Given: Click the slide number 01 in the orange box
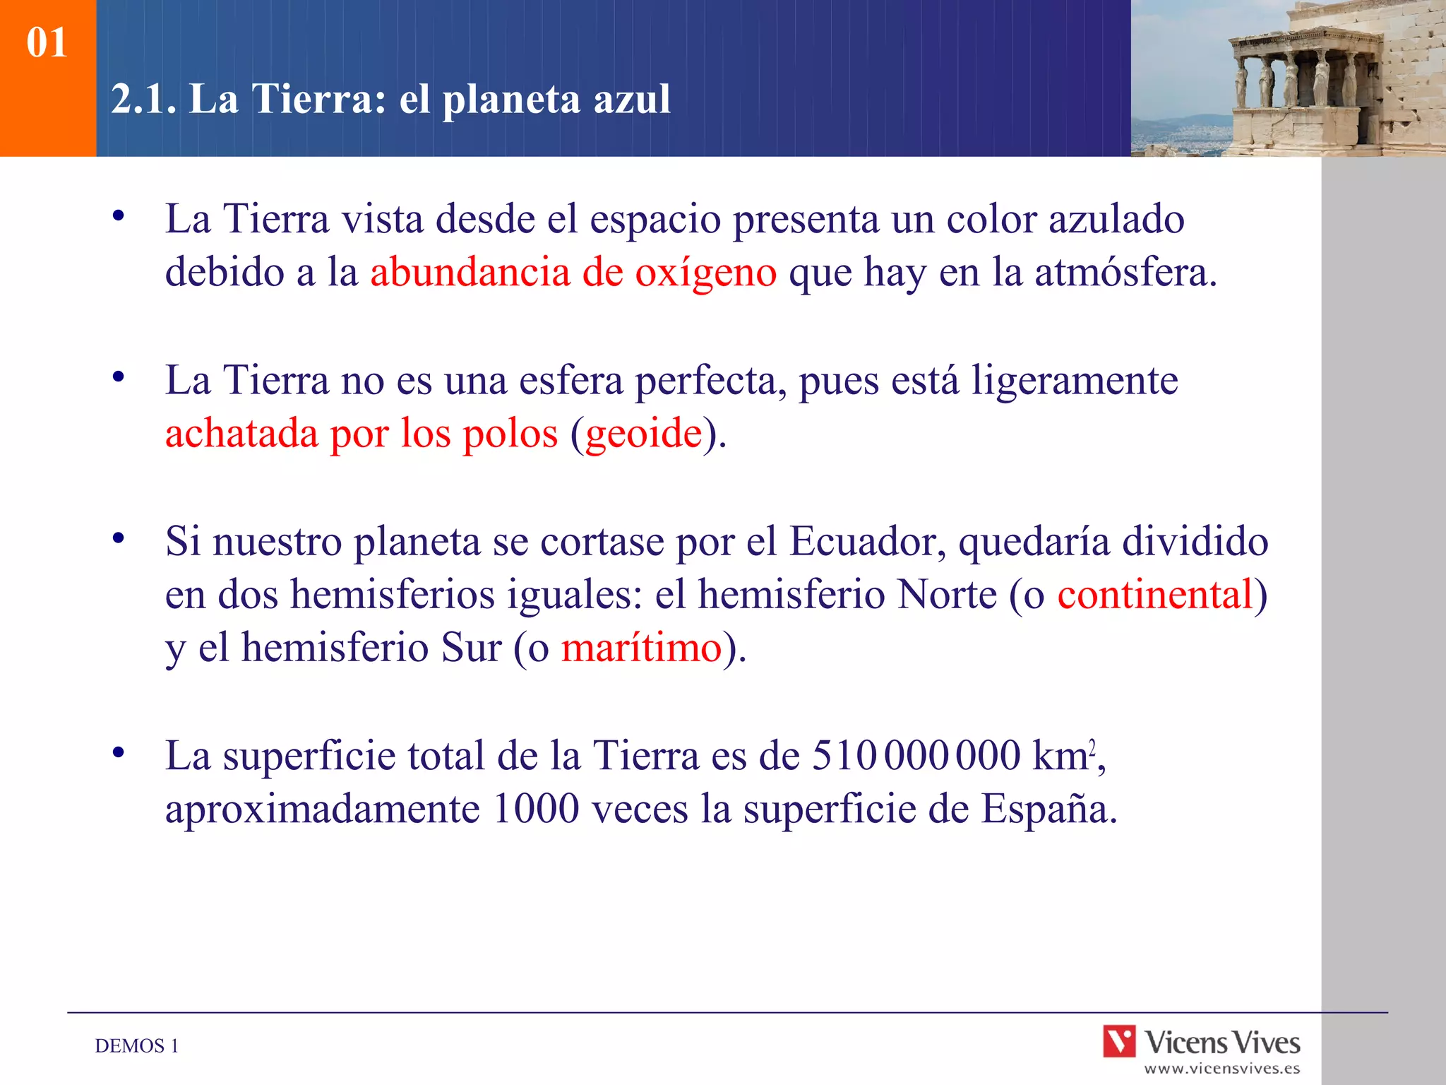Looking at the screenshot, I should [x=47, y=42].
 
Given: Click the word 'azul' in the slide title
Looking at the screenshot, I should [x=631, y=99].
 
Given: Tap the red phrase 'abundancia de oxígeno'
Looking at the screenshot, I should [x=573, y=273].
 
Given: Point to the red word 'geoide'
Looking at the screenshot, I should [x=643, y=433].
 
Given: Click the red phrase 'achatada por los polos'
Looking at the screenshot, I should [x=361, y=433].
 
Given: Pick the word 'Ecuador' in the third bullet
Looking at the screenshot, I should [x=866, y=542].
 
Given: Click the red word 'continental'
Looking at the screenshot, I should [x=1154, y=594].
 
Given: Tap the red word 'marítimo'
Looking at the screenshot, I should [x=641, y=647].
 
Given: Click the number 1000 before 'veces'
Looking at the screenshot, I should [x=536, y=809].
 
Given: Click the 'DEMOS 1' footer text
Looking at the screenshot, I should [x=137, y=1046].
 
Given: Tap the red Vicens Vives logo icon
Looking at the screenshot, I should [x=1119, y=1042].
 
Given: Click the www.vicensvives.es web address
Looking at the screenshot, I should [x=1221, y=1069].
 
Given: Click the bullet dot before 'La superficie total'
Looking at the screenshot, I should [x=119, y=752].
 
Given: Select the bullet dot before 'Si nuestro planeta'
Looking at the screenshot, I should [x=119, y=538].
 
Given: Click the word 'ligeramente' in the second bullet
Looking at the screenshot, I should [x=1074, y=381].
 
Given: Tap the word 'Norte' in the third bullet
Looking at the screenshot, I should [x=946, y=594].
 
